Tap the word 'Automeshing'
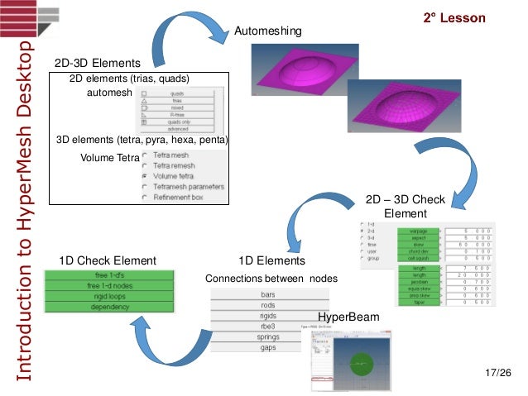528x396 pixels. click(269, 31)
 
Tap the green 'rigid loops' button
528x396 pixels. click(114, 297)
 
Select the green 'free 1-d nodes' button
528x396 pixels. click(114, 286)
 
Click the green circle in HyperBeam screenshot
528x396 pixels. click(361, 362)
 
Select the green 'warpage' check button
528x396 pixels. click(417, 231)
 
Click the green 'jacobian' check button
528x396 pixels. click(417, 281)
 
